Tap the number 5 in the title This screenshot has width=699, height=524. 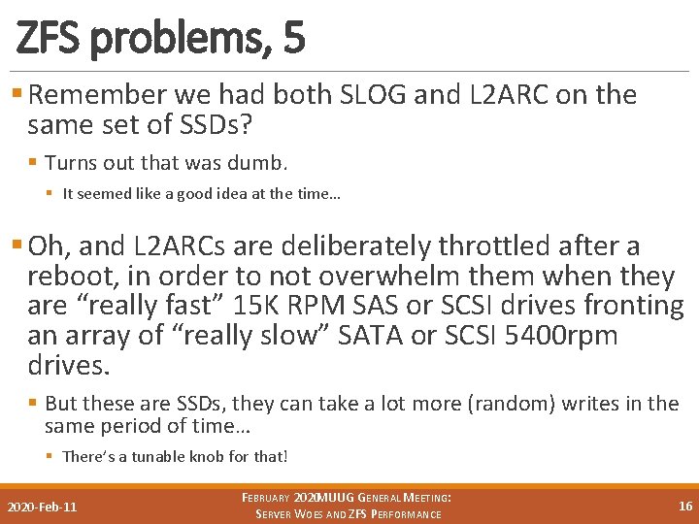[x=294, y=38]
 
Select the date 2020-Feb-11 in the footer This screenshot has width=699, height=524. [x=43, y=507]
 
